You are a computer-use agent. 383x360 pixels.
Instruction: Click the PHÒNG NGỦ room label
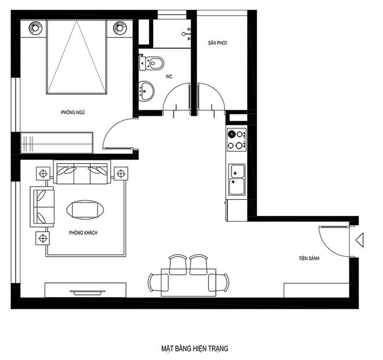(73, 112)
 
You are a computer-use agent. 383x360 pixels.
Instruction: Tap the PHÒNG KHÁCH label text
(83, 233)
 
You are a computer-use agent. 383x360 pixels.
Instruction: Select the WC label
(169, 77)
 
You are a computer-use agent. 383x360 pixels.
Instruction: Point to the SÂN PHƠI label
(218, 43)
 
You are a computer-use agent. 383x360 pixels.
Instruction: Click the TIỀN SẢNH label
(309, 258)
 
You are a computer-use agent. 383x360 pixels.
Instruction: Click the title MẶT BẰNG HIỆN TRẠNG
(194, 348)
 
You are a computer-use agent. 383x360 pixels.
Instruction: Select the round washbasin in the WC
(146, 91)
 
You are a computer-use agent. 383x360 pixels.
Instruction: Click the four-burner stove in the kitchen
(236, 139)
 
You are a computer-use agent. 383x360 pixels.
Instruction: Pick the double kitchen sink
(236, 179)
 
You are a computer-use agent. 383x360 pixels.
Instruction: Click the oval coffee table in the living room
(85, 210)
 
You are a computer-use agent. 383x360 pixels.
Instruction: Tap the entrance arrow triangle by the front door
(360, 240)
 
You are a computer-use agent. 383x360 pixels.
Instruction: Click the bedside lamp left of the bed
(35, 28)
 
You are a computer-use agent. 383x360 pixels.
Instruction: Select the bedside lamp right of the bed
(120, 28)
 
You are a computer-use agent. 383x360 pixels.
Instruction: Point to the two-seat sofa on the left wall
(42, 207)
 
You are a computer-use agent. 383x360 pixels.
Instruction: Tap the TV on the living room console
(87, 292)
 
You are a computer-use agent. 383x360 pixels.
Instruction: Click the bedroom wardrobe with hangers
(57, 143)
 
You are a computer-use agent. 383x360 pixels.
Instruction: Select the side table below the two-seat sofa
(43, 238)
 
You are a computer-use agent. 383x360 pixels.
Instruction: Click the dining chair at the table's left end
(158, 282)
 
